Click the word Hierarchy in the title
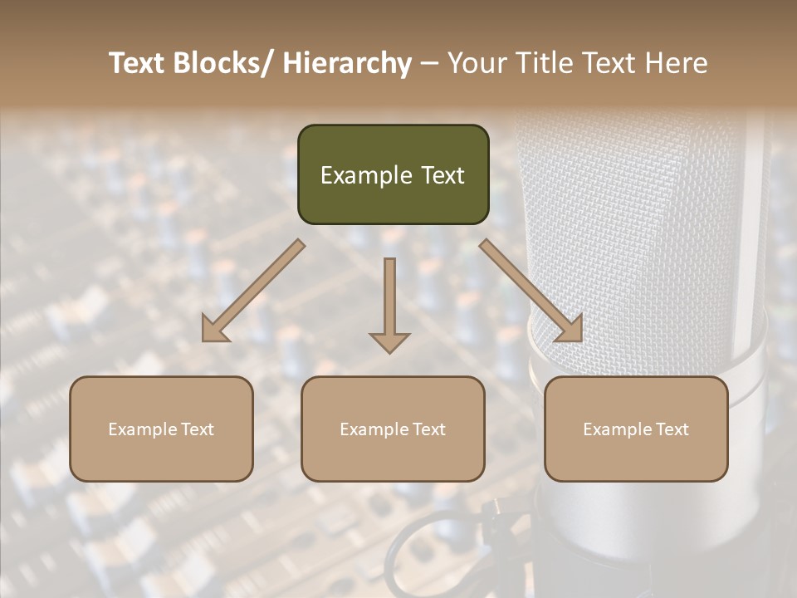pos(347,63)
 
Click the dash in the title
pos(430,63)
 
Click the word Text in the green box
pos(442,175)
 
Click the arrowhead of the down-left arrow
pos(214,331)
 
